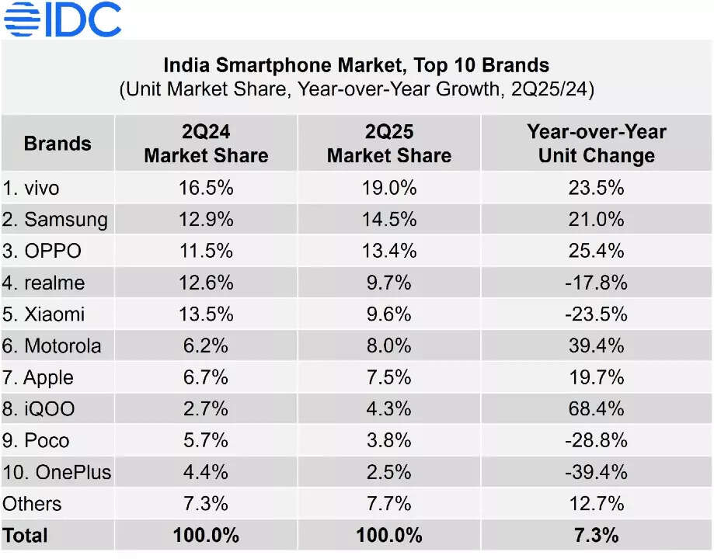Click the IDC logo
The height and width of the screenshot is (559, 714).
(x=62, y=19)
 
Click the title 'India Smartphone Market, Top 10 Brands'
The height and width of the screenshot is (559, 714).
(x=357, y=65)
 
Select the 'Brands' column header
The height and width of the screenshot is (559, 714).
(x=57, y=144)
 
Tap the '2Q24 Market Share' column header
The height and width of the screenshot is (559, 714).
(x=206, y=144)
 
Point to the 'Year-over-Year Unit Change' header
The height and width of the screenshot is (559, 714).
(x=596, y=144)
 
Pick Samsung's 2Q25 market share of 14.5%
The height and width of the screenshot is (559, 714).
(x=388, y=220)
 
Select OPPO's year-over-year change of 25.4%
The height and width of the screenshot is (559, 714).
(x=596, y=252)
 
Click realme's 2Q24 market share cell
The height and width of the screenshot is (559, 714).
(x=206, y=283)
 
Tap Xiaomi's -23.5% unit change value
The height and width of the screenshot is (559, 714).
(x=596, y=314)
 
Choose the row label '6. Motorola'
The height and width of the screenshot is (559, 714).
(x=52, y=346)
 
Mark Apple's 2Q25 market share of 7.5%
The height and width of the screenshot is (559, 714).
(x=388, y=377)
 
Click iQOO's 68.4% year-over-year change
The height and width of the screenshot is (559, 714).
(x=596, y=409)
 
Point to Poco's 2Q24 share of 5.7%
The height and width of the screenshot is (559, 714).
(x=206, y=441)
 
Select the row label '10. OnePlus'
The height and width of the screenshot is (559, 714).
(x=57, y=472)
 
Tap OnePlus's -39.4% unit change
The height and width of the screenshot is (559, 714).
(x=596, y=472)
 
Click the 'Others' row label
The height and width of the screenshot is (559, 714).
(x=32, y=504)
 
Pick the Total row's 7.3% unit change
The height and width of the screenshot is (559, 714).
(x=596, y=536)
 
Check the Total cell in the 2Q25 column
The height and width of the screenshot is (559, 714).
(x=388, y=536)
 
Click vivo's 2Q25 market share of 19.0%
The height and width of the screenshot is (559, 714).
(x=388, y=188)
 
